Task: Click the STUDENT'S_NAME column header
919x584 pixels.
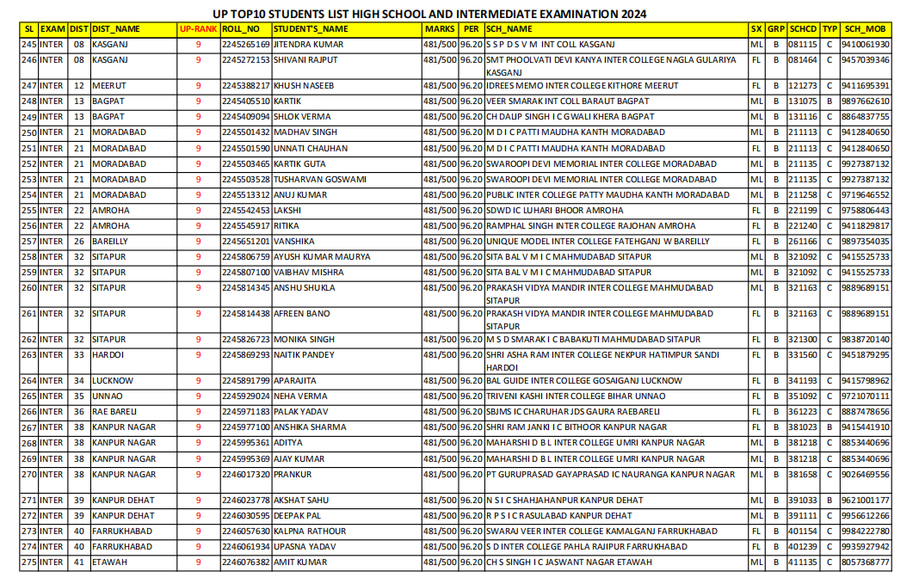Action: click(311, 29)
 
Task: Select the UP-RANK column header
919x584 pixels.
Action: click(198, 29)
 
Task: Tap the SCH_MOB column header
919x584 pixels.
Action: click(866, 29)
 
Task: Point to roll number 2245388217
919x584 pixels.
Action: click(246, 86)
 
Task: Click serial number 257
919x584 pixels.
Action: click(28, 242)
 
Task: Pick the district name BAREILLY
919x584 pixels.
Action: click(110, 242)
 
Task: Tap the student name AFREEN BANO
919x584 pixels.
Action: click(302, 314)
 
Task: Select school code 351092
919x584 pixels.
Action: click(803, 397)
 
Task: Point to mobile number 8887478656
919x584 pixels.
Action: click(866, 412)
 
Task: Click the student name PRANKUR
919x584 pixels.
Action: click(293, 475)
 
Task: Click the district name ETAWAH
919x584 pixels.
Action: click(108, 562)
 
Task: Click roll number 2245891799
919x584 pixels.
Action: click(246, 381)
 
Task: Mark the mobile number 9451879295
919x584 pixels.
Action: click(866, 355)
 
